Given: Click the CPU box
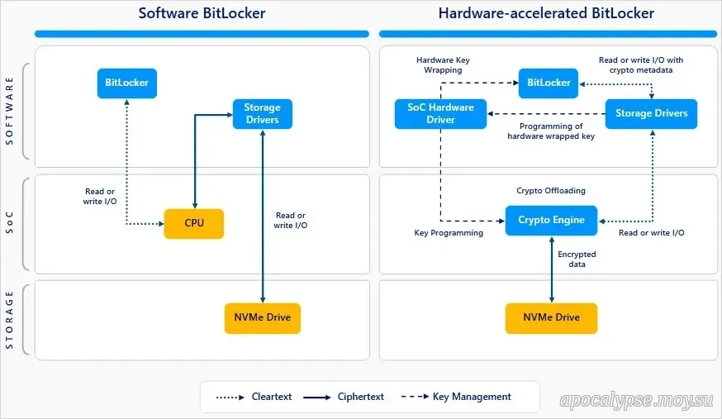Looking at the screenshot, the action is (194, 224).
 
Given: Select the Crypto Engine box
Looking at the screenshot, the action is (551, 221).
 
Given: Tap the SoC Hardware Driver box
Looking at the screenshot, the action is (440, 114).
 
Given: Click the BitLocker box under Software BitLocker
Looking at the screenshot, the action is (127, 83).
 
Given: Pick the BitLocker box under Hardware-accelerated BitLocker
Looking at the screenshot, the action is (549, 83).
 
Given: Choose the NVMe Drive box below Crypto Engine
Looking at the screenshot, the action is (551, 318).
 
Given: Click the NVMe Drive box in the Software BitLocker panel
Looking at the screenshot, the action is (263, 318).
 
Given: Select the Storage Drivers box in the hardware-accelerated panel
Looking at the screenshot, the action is (651, 114).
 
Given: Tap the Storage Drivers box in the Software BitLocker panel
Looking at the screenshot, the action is (263, 114).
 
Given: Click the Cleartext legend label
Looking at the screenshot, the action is (272, 397).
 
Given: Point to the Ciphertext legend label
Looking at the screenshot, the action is (360, 397).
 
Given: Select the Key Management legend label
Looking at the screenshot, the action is (472, 397).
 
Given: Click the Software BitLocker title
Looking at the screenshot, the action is (202, 13).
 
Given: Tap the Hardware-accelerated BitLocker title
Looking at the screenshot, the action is (546, 13).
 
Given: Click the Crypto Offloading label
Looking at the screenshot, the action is (551, 191).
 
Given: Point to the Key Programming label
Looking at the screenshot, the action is (449, 233).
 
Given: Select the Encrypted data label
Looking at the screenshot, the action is (577, 259).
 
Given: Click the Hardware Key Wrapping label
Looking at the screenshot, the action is (443, 65).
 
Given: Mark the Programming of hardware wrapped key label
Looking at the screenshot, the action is (551, 131).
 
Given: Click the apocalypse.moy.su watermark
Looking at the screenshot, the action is (636, 401).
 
